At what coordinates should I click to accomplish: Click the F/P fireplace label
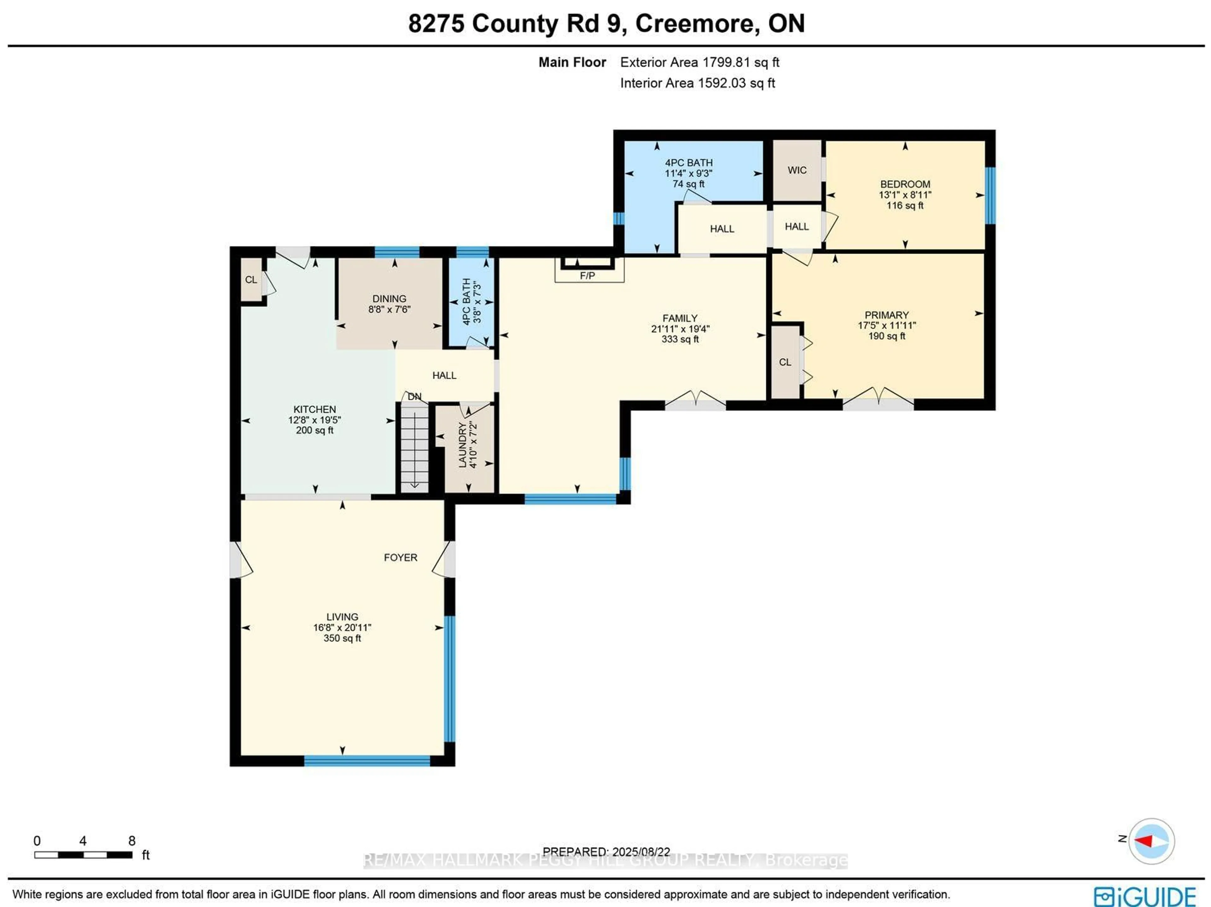(588, 275)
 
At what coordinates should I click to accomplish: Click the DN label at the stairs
(414, 397)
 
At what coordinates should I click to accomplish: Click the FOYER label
(400, 557)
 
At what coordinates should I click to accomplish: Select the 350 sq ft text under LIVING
(342, 638)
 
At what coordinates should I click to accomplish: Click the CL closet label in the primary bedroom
(785, 362)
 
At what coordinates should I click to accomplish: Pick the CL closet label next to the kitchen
(251, 280)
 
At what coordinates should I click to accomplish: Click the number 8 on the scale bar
(132, 841)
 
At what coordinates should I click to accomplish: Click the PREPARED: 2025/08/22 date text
(606, 852)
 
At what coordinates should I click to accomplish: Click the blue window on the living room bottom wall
(367, 760)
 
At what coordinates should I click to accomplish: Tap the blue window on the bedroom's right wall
(990, 196)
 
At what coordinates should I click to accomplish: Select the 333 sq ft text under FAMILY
(680, 339)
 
